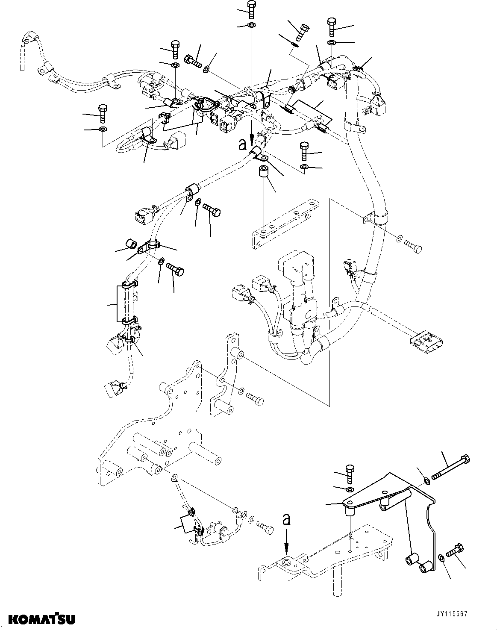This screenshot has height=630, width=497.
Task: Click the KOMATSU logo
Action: [38, 618]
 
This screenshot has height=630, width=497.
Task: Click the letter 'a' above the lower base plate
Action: [286, 519]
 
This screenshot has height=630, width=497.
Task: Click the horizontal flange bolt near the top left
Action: [194, 61]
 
